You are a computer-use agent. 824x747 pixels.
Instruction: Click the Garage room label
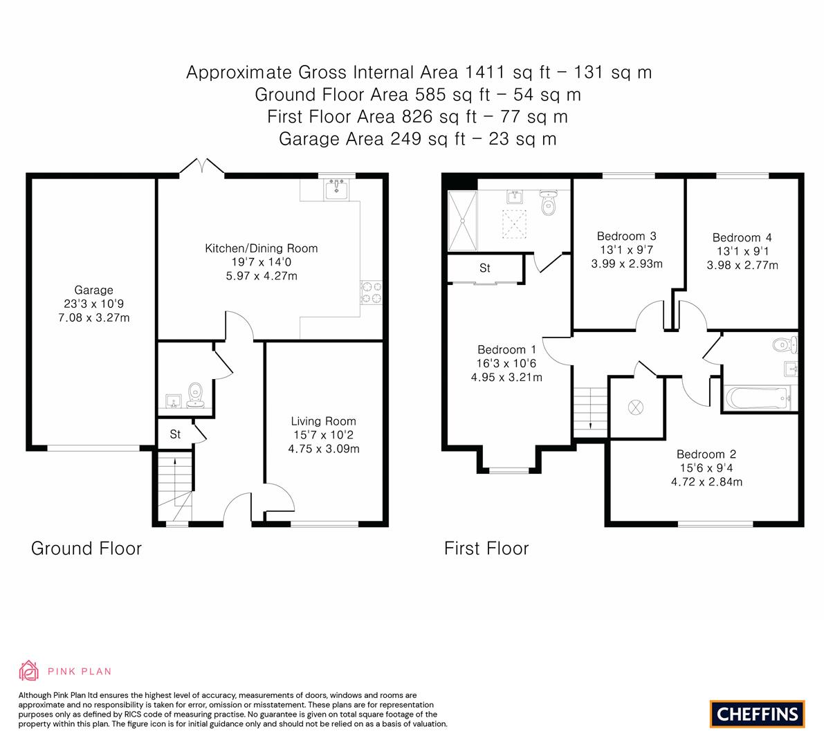[93, 290]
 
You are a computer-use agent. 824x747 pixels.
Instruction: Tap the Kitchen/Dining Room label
[261, 248]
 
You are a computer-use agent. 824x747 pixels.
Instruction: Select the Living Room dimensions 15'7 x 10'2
[323, 434]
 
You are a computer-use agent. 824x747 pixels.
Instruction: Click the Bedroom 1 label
[506, 350]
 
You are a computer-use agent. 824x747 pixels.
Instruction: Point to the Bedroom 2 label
[706, 454]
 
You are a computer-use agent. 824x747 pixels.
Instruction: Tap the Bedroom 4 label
[742, 238]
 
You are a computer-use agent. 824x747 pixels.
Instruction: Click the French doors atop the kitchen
[201, 167]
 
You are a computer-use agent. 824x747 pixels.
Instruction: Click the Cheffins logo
[757, 714]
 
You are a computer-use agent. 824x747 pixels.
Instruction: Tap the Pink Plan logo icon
[29, 670]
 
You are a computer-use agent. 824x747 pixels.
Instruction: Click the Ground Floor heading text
[86, 548]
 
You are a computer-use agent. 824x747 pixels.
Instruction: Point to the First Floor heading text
[486, 548]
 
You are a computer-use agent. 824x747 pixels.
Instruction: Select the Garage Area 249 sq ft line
[417, 138]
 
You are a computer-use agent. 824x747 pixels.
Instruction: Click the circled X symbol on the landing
[635, 407]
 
